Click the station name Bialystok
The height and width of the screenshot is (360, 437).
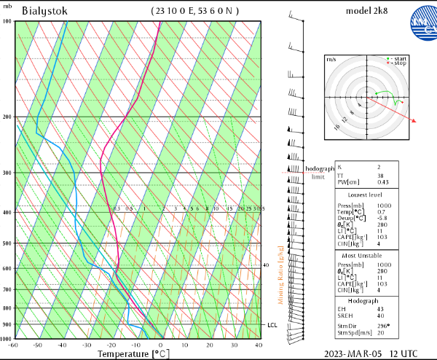pyautogui.click(x=46, y=11)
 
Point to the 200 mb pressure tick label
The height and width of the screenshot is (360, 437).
pyautogui.click(x=7, y=117)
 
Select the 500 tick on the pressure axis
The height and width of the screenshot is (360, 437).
pyautogui.click(x=7, y=243)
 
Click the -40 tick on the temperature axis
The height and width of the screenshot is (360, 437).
pyautogui.click(x=62, y=345)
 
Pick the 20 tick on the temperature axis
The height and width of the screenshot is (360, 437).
pyautogui.click(x=210, y=345)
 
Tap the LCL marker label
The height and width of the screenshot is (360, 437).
pyautogui.click(x=272, y=325)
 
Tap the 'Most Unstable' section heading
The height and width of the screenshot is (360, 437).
pyautogui.click(x=368, y=257)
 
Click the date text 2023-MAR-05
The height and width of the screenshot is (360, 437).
pyautogui.click(x=354, y=353)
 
